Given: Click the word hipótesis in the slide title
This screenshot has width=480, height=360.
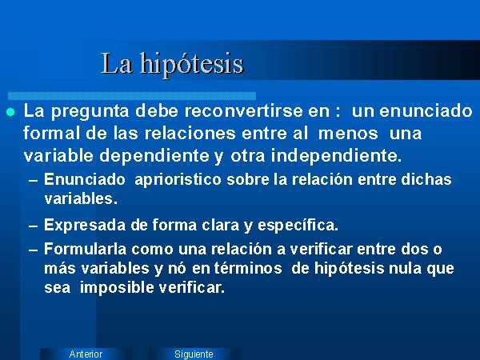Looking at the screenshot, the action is [192, 65].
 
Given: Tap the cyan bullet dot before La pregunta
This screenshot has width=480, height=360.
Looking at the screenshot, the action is [10, 112].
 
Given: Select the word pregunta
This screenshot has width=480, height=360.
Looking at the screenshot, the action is [90, 111].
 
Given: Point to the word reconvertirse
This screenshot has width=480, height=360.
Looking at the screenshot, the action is [244, 110].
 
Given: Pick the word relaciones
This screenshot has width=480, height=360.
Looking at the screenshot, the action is [190, 133].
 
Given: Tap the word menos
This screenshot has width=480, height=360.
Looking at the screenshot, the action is [348, 134].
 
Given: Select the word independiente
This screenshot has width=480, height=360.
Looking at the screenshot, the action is [336, 156].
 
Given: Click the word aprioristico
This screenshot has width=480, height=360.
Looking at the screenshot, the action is [178, 180].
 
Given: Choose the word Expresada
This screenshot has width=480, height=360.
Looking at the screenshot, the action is [85, 226].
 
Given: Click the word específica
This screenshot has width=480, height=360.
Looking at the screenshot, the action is [298, 226].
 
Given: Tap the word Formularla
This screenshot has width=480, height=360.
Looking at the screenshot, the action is [85, 249].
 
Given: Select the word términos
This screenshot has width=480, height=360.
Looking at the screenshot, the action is [248, 268].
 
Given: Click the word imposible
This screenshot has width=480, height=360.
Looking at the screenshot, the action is [118, 288].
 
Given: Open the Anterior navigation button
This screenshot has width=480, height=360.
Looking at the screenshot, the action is [86, 354].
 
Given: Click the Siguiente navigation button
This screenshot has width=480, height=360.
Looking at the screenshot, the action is [194, 354].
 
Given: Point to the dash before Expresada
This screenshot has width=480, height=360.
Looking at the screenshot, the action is [33, 226].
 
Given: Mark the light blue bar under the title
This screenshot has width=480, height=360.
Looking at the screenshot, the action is [132, 96].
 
